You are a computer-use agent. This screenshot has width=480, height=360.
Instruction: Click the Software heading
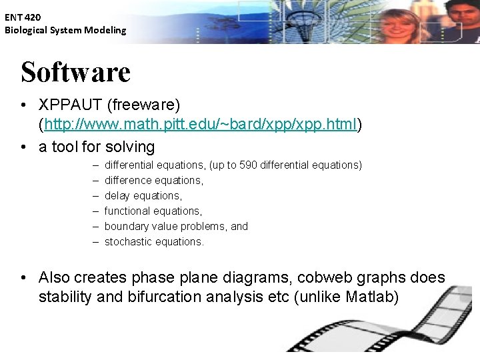click(75, 72)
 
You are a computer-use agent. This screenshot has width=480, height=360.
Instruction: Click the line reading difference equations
click(153, 180)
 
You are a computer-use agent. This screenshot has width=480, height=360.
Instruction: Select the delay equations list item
click(143, 195)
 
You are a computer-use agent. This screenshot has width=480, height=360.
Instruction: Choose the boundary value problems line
click(176, 226)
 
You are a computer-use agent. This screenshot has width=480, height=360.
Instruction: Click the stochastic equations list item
click(154, 241)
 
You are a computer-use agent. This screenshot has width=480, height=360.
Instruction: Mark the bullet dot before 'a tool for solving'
click(23, 147)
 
